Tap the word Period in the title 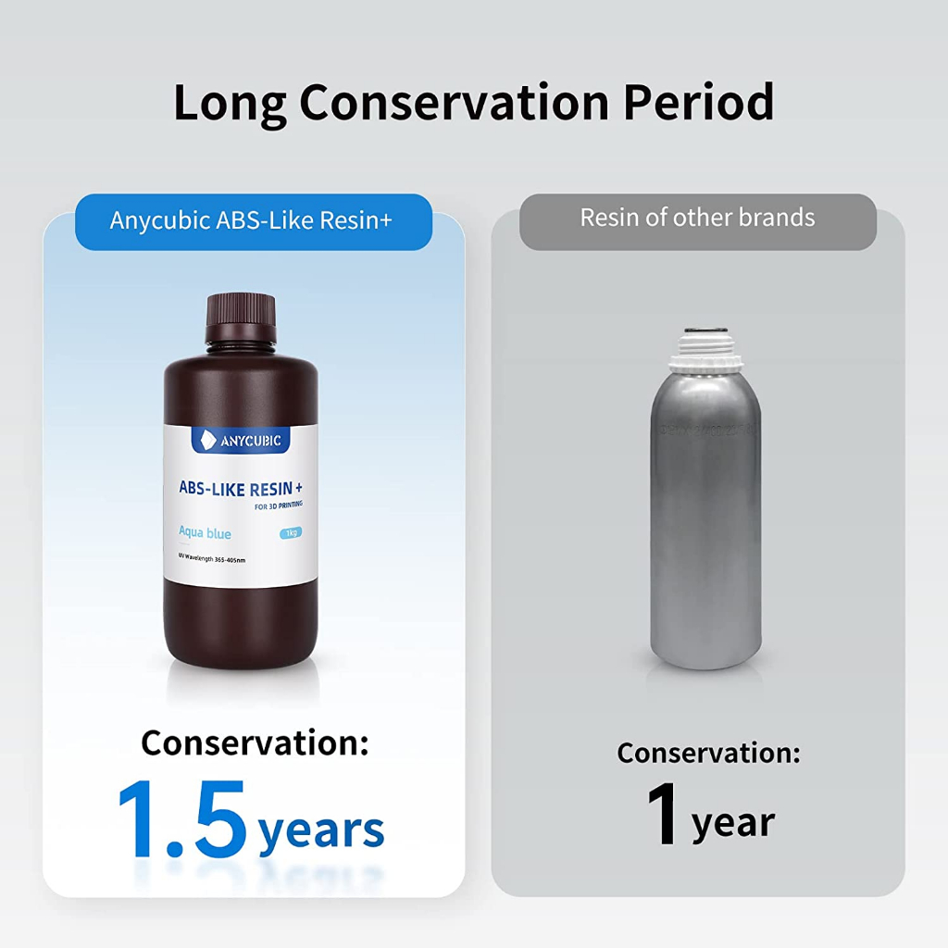point(698,102)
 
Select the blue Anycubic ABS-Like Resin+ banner point(254,221)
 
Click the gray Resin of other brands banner point(698,221)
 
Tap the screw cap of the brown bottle point(242,318)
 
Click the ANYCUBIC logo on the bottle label point(241,440)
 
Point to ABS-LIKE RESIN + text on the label point(241,489)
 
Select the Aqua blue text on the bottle point(205,532)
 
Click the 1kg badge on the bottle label point(291,532)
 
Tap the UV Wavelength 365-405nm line point(212,557)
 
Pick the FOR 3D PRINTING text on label point(278,505)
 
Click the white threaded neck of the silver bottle point(702,349)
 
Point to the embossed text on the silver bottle point(707,430)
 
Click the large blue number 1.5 point(182,818)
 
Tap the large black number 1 point(663,813)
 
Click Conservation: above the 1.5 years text point(255,742)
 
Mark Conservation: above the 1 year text point(708,753)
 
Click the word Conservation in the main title point(454,102)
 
